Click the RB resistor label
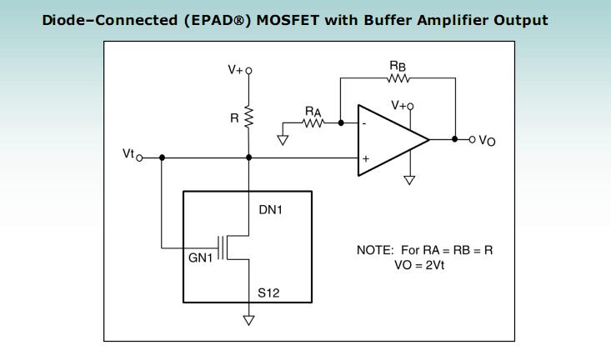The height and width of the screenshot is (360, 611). [x=398, y=64]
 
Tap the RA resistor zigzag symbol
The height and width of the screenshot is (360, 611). [x=313, y=122]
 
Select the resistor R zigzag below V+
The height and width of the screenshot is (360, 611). [x=248, y=117]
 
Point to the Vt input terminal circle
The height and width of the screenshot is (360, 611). [x=139, y=157]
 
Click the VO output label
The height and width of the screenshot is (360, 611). [x=487, y=142]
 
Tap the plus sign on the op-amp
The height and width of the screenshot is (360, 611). [x=364, y=157]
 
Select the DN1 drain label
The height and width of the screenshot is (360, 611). [x=270, y=210]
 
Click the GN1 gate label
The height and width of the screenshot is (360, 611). [x=201, y=257]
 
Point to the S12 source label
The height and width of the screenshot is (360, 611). [x=269, y=293]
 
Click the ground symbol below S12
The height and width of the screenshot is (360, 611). [x=248, y=317]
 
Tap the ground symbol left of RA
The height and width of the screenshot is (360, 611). [x=283, y=139]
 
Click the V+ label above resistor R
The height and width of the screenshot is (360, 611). [x=237, y=71]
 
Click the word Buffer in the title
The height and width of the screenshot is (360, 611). [x=395, y=20]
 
